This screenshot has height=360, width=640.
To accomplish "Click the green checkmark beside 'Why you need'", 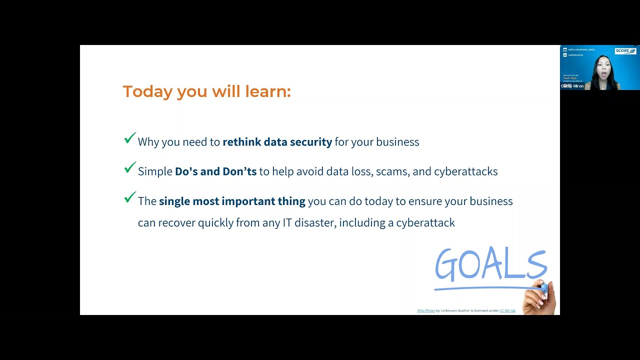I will pos(130,138).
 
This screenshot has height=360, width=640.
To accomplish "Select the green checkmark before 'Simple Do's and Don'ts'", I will pos(130,168).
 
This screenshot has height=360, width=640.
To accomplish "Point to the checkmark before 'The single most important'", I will pos(130,198).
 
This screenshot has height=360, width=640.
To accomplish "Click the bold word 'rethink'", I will pos(242,142).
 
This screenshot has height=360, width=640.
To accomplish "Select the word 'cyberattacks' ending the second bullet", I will pos(465,171).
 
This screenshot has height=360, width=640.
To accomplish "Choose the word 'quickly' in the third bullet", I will pos(215,222).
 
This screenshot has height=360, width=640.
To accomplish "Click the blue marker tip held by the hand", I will pos(543,287).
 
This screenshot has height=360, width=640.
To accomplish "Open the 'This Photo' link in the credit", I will pos(426,311).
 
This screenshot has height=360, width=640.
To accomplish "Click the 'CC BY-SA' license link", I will pos(507,311).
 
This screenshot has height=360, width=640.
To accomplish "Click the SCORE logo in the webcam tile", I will pos(625,51).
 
